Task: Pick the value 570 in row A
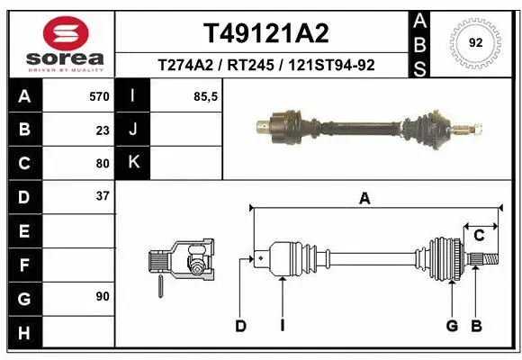(x=99, y=95)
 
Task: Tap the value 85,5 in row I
(x=206, y=95)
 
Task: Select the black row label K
(x=133, y=163)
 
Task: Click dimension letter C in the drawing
(x=480, y=236)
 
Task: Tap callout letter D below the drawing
(x=240, y=326)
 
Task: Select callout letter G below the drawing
(x=452, y=326)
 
